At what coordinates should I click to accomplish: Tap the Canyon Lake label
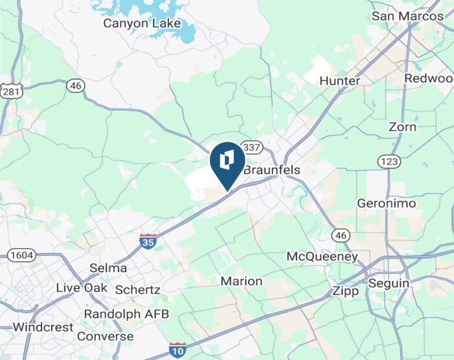(x=142, y=23)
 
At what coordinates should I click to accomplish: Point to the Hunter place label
(x=340, y=81)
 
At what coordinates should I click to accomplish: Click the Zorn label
(x=402, y=127)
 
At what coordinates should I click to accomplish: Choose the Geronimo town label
(x=386, y=203)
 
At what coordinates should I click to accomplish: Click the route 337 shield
(x=251, y=146)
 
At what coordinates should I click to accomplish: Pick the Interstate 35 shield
(x=147, y=242)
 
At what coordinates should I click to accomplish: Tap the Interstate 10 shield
(x=177, y=350)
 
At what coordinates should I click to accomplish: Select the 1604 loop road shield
(x=21, y=255)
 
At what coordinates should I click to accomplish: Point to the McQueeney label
(x=322, y=257)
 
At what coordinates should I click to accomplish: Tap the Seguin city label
(x=389, y=284)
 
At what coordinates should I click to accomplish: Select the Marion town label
(x=242, y=281)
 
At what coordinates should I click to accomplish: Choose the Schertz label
(x=137, y=289)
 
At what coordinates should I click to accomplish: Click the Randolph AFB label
(x=126, y=314)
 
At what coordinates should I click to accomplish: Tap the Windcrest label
(x=43, y=327)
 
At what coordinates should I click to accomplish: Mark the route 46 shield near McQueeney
(x=341, y=235)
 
